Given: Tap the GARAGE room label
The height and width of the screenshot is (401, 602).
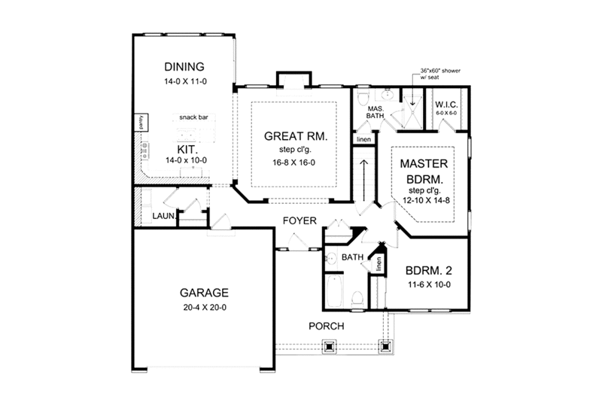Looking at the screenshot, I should [x=203, y=292].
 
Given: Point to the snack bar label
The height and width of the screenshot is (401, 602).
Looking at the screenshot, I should [x=193, y=118].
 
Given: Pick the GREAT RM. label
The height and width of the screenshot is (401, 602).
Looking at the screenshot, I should [x=294, y=137].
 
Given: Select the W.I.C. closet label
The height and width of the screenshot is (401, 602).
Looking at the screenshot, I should [x=446, y=103].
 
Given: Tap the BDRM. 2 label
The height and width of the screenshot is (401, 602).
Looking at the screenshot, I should [x=428, y=270].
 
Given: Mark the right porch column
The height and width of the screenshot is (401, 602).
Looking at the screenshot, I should [x=386, y=347].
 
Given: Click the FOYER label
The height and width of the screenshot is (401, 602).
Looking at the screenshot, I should [x=299, y=220].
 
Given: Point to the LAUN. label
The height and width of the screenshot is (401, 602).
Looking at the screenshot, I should [x=163, y=217].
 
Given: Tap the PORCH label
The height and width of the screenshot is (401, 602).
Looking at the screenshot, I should [x=327, y=326].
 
